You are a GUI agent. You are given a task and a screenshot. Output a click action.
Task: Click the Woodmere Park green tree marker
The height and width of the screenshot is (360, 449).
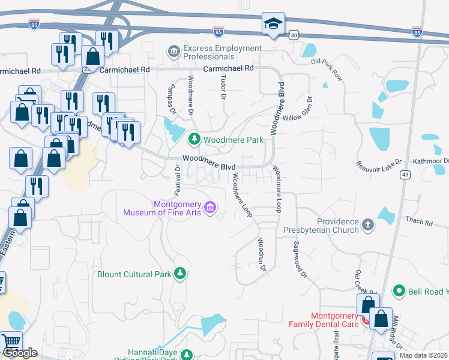pos(194,140)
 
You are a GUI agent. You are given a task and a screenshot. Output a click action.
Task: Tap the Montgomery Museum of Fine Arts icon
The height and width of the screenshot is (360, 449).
pos(210,208)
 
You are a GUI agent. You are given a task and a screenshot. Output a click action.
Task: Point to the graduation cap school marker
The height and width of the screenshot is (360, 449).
pos(273,25)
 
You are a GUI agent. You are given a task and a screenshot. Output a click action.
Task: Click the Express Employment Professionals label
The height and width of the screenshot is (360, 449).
pos(222,52)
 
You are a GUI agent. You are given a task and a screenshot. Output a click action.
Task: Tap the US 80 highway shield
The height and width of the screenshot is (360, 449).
pos(294,36)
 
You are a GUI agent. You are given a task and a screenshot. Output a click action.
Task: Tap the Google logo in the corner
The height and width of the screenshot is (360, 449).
pos(20,353)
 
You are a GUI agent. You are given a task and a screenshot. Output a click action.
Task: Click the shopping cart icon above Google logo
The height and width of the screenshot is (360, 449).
pos(11,341)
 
